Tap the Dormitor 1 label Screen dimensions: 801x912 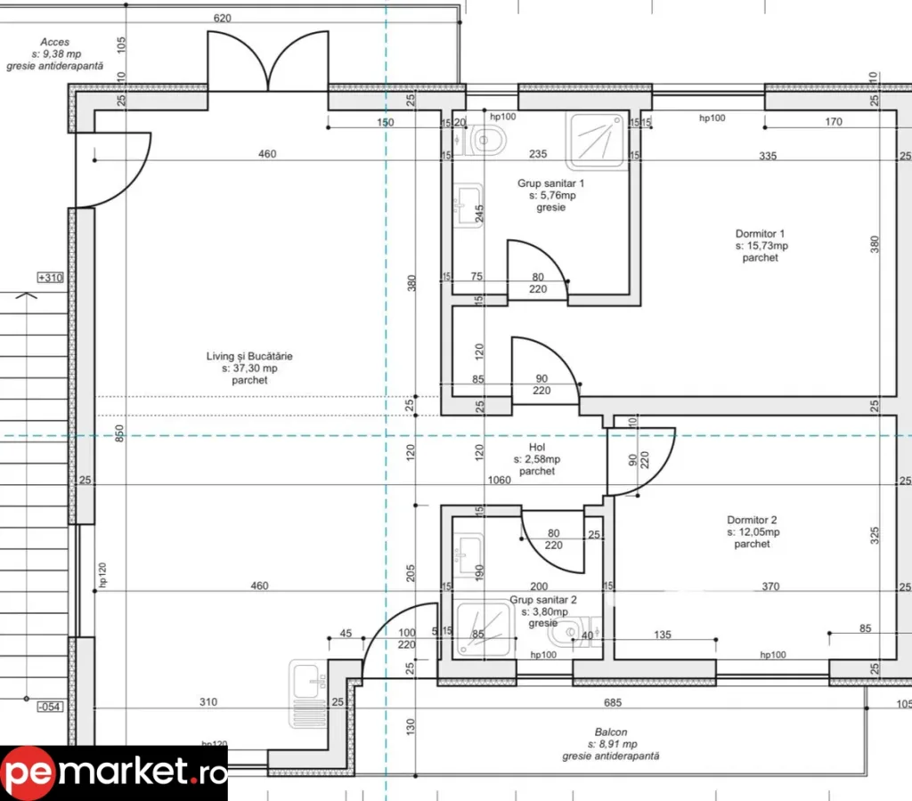point(761,246)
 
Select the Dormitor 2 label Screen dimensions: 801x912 point(752,531)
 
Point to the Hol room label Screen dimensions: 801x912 point(536,459)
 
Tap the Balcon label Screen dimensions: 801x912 point(611,743)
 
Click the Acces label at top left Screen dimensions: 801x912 point(55,53)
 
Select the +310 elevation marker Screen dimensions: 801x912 point(50,278)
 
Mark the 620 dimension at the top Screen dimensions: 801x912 point(223,18)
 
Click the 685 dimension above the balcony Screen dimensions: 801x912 point(612,703)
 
